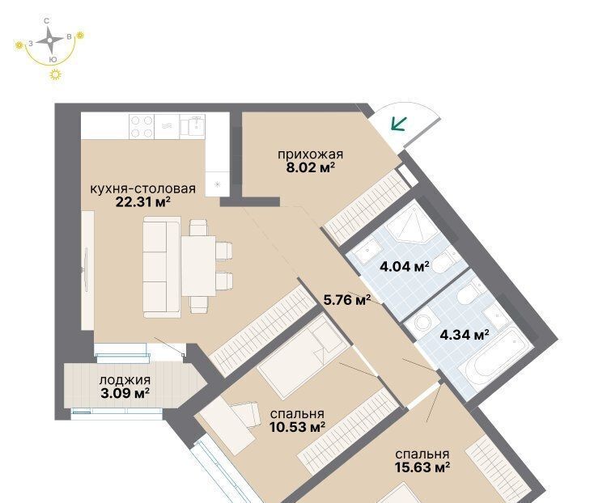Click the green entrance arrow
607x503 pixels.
click(398, 125)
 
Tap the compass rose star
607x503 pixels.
click(49, 40)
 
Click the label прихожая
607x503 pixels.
click(311, 154)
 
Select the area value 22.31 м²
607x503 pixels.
click(143, 201)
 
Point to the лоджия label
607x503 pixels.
click(125, 380)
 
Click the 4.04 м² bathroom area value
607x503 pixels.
click(405, 266)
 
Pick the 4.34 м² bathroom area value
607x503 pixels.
click(465, 334)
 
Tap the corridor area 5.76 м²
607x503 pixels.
click(347, 299)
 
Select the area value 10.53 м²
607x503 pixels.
click(297, 427)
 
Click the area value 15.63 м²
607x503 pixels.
click(422, 467)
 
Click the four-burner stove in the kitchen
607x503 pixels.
click(142, 127)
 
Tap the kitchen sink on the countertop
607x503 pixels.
click(193, 126)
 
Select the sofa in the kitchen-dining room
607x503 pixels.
click(162, 267)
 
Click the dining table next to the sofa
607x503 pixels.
click(198, 266)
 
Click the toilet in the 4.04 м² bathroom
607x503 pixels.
click(444, 262)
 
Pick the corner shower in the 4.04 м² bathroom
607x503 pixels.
click(411, 223)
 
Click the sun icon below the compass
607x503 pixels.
click(56, 74)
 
